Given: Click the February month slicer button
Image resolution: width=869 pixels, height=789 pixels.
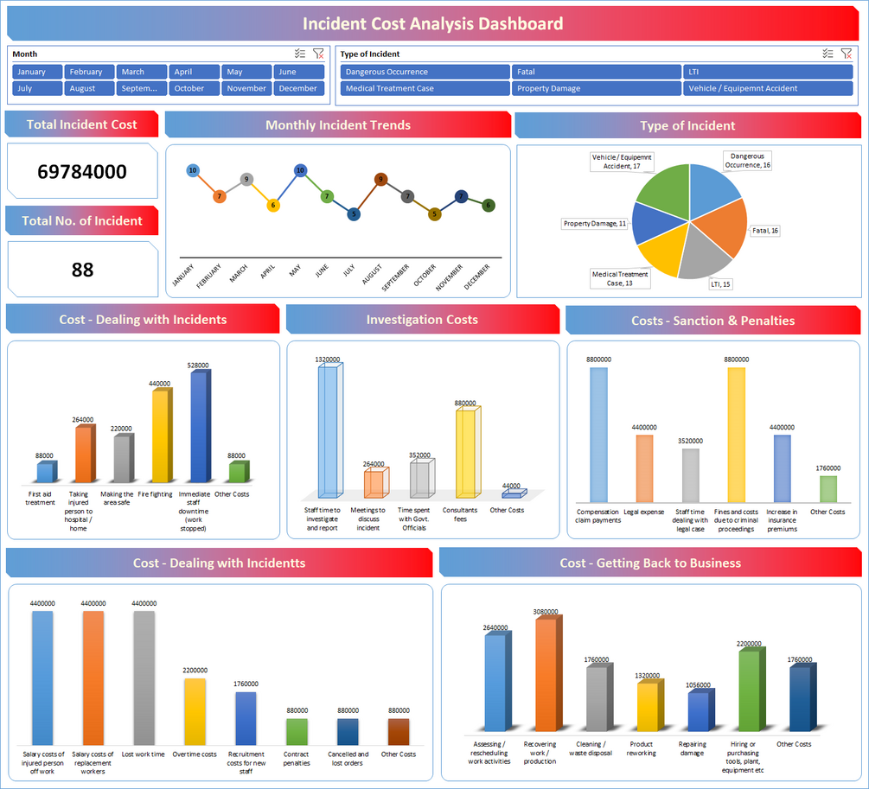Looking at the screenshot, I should point(86,72).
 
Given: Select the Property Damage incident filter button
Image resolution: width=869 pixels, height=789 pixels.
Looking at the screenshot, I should point(596,88).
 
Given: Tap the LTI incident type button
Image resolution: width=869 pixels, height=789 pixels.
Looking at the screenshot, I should point(766,72).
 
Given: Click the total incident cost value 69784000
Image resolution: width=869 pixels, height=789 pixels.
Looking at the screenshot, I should point(82,171).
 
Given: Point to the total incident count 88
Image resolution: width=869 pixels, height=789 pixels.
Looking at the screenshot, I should point(82,270).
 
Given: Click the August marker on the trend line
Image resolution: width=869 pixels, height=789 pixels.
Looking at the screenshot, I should point(380,180).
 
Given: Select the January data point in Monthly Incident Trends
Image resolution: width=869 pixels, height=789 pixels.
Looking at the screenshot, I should point(192,170).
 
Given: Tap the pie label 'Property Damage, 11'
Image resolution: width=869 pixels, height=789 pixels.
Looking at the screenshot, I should point(595,224).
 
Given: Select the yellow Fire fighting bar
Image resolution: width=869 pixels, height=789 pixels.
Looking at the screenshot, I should point(162,436).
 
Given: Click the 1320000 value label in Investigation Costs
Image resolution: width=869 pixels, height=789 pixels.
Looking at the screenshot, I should point(327,359).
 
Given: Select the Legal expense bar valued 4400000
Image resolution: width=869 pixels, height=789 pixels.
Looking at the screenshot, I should point(644,468).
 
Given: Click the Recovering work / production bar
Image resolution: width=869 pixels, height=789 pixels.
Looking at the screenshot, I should point(546,674).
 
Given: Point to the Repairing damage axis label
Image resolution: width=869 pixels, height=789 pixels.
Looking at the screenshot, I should point(692,748).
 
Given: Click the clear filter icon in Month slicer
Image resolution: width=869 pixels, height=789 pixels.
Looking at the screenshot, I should point(318,54).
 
